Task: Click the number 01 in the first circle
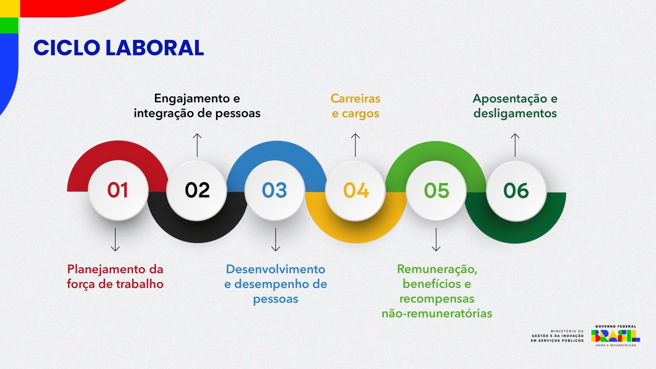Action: click(118, 190)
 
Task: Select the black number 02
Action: click(197, 190)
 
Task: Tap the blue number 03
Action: click(274, 190)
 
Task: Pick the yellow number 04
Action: click(356, 190)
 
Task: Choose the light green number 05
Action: click(437, 190)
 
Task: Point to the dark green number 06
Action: click(516, 190)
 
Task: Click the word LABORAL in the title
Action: click(155, 48)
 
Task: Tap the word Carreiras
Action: click(355, 98)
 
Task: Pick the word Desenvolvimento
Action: click(276, 269)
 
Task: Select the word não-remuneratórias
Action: click(437, 313)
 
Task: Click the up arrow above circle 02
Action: click(197, 145)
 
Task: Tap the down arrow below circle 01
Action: click(115, 239)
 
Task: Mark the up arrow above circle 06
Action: click(515, 145)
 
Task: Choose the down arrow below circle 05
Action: click(436, 239)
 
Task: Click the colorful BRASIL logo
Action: click(615, 336)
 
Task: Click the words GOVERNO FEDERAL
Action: click(615, 326)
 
